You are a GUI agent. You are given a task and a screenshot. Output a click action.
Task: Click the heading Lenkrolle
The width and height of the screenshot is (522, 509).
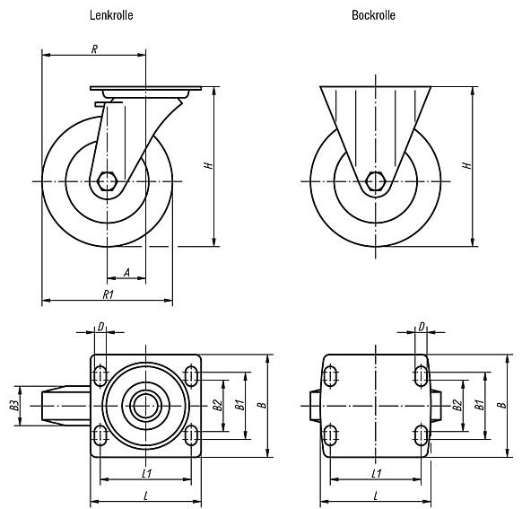click(111, 15)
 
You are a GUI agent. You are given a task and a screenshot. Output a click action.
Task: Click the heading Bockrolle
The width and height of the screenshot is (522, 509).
click(373, 15)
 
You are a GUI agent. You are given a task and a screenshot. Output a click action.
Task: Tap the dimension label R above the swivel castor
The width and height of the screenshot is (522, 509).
click(94, 49)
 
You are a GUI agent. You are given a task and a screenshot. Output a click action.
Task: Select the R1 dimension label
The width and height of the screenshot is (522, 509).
click(109, 294)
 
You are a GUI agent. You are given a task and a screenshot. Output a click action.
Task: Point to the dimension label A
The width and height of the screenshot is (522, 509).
click(126, 273)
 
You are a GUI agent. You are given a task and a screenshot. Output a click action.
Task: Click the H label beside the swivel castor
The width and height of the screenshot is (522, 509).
click(208, 165)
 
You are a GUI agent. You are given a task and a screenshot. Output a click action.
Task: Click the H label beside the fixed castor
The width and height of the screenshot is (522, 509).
click(467, 165)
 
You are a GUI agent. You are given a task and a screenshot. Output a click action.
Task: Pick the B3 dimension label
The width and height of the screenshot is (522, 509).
click(14, 406)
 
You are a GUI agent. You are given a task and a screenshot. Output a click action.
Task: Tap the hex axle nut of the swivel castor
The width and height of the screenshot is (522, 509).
click(107, 181)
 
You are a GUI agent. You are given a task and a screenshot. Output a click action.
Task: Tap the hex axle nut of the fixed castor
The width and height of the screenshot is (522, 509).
click(376, 181)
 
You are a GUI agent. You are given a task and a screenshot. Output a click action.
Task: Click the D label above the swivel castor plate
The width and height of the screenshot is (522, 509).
click(100, 327)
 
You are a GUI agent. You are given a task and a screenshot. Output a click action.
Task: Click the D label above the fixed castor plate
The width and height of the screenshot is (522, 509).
click(422, 327)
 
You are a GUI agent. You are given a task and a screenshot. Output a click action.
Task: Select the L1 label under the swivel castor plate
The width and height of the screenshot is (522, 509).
click(147, 473)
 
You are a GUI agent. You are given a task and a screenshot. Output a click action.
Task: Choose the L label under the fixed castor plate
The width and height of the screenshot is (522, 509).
click(376, 496)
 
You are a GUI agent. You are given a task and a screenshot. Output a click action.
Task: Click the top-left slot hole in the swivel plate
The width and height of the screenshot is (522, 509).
click(100, 376)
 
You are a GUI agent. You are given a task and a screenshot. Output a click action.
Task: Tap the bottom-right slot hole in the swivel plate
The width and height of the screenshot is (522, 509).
click(191, 435)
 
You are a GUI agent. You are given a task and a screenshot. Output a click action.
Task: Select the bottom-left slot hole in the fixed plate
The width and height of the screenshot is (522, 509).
click(330, 435)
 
